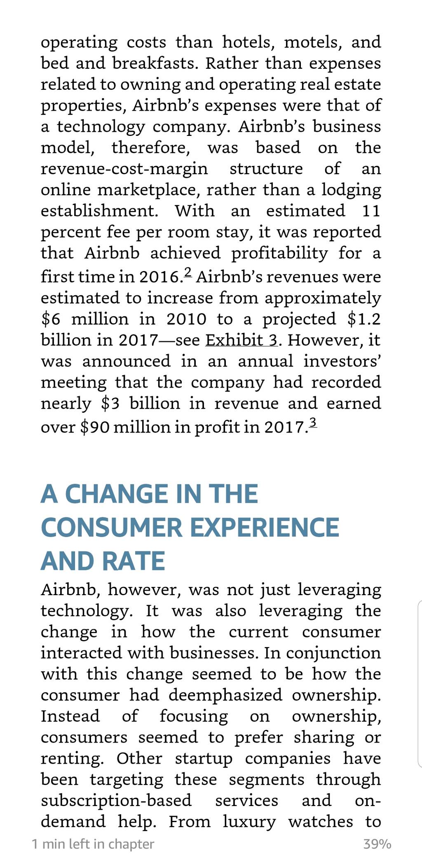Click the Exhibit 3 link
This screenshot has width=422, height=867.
pos(241,340)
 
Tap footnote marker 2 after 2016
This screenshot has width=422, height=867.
pos(188,272)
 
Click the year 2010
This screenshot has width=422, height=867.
pos(187,319)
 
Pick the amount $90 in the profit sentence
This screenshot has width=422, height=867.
pos(94,427)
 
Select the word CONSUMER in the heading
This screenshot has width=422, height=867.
pos(112,528)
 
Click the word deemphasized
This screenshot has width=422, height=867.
pos(225,696)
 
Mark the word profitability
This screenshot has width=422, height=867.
pos(279,253)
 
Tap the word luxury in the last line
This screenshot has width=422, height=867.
pos(249,822)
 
